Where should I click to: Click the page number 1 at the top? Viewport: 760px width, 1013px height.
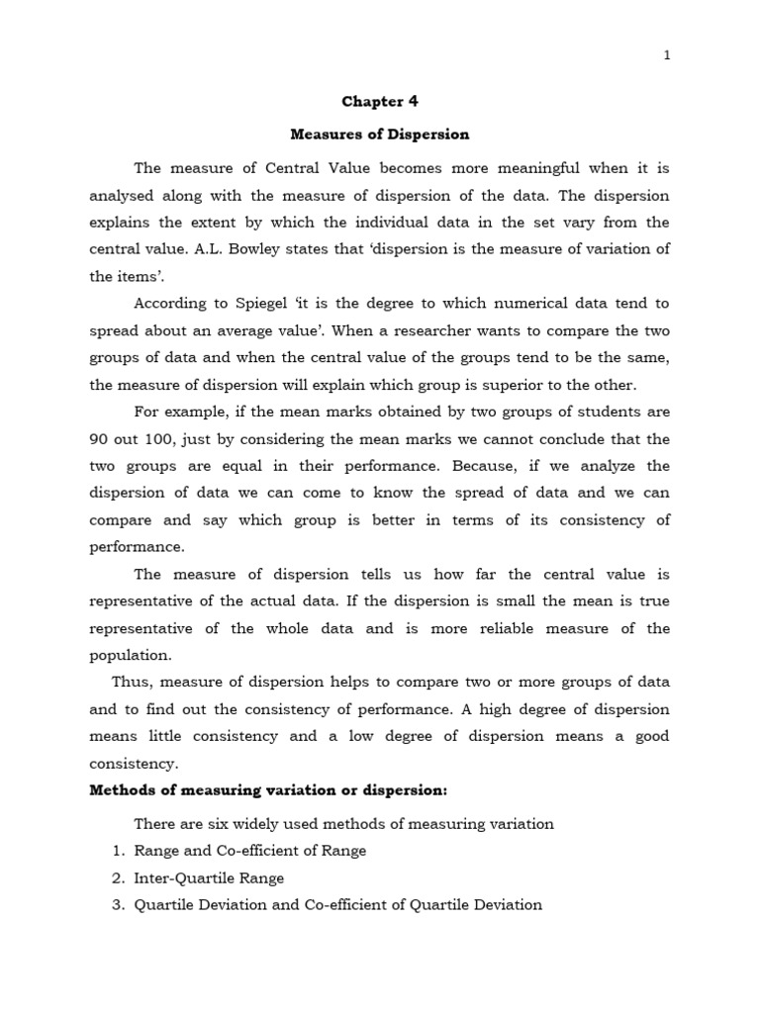pos(667,55)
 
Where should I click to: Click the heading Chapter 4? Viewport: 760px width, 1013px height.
pos(373,101)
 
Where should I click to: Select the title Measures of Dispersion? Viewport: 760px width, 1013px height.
pos(379,134)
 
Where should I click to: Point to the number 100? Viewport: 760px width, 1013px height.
pos(176,438)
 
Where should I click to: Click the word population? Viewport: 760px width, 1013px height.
pos(131,655)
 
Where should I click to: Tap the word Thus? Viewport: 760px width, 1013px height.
pos(130,683)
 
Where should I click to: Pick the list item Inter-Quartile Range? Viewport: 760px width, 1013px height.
pos(209,877)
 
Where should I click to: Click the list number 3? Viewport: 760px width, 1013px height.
pos(117,904)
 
